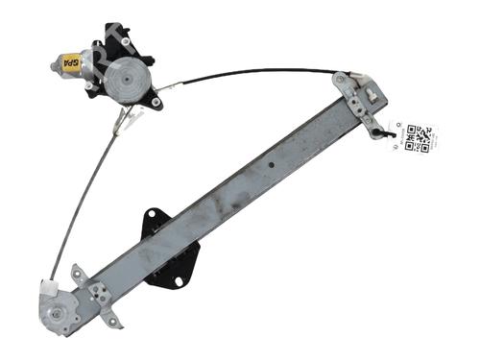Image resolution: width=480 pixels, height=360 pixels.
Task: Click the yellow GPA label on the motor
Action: coord(70,64)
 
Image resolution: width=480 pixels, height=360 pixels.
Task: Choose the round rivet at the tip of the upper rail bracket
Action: coord(341,78)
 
